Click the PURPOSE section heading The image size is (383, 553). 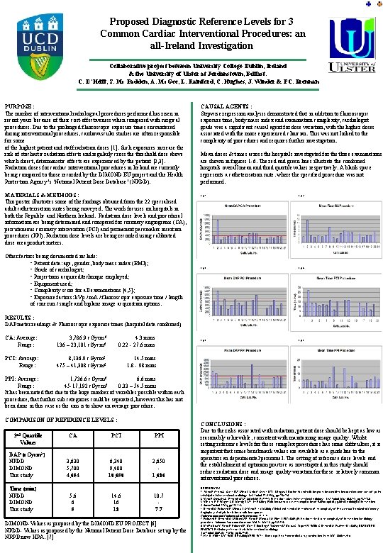tap(21, 105)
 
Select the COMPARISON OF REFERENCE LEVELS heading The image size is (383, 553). tap(62, 419)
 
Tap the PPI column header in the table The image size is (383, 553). tap(159, 436)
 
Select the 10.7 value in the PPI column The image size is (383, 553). tap(159, 496)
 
